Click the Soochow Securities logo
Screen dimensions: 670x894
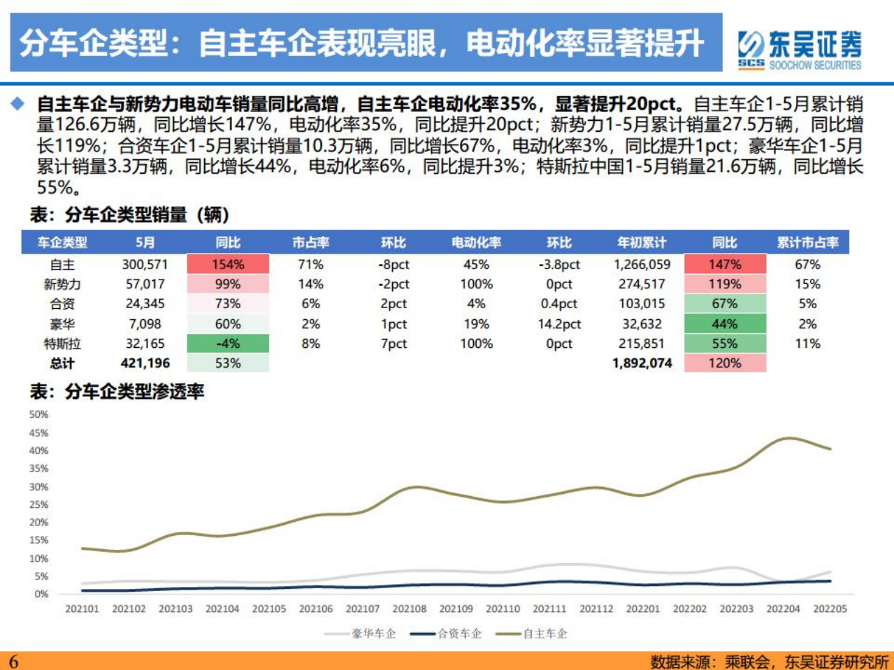tap(800, 49)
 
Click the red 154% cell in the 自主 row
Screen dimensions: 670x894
tap(228, 264)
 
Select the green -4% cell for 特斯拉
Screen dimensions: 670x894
tap(228, 344)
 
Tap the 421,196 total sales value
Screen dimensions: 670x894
tap(145, 363)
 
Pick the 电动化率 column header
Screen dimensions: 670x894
tap(476, 242)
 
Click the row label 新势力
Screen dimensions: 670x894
tap(62, 284)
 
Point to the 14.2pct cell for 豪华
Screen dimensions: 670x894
tap(558, 324)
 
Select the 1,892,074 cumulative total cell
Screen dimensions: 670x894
tap(642, 363)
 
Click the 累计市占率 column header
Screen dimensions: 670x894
tap(807, 242)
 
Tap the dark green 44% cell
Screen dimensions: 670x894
tap(725, 324)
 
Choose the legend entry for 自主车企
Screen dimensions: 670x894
tap(532, 634)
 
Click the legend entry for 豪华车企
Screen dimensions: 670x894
tap(361, 634)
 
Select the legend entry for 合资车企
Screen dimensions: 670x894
tap(446, 634)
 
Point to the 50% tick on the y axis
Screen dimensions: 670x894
tap(38, 414)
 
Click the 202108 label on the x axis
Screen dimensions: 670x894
tap(409, 609)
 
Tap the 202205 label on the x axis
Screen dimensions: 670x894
tap(830, 609)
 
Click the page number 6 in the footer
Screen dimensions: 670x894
tap(13, 661)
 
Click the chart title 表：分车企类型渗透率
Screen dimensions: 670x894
tap(117, 391)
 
